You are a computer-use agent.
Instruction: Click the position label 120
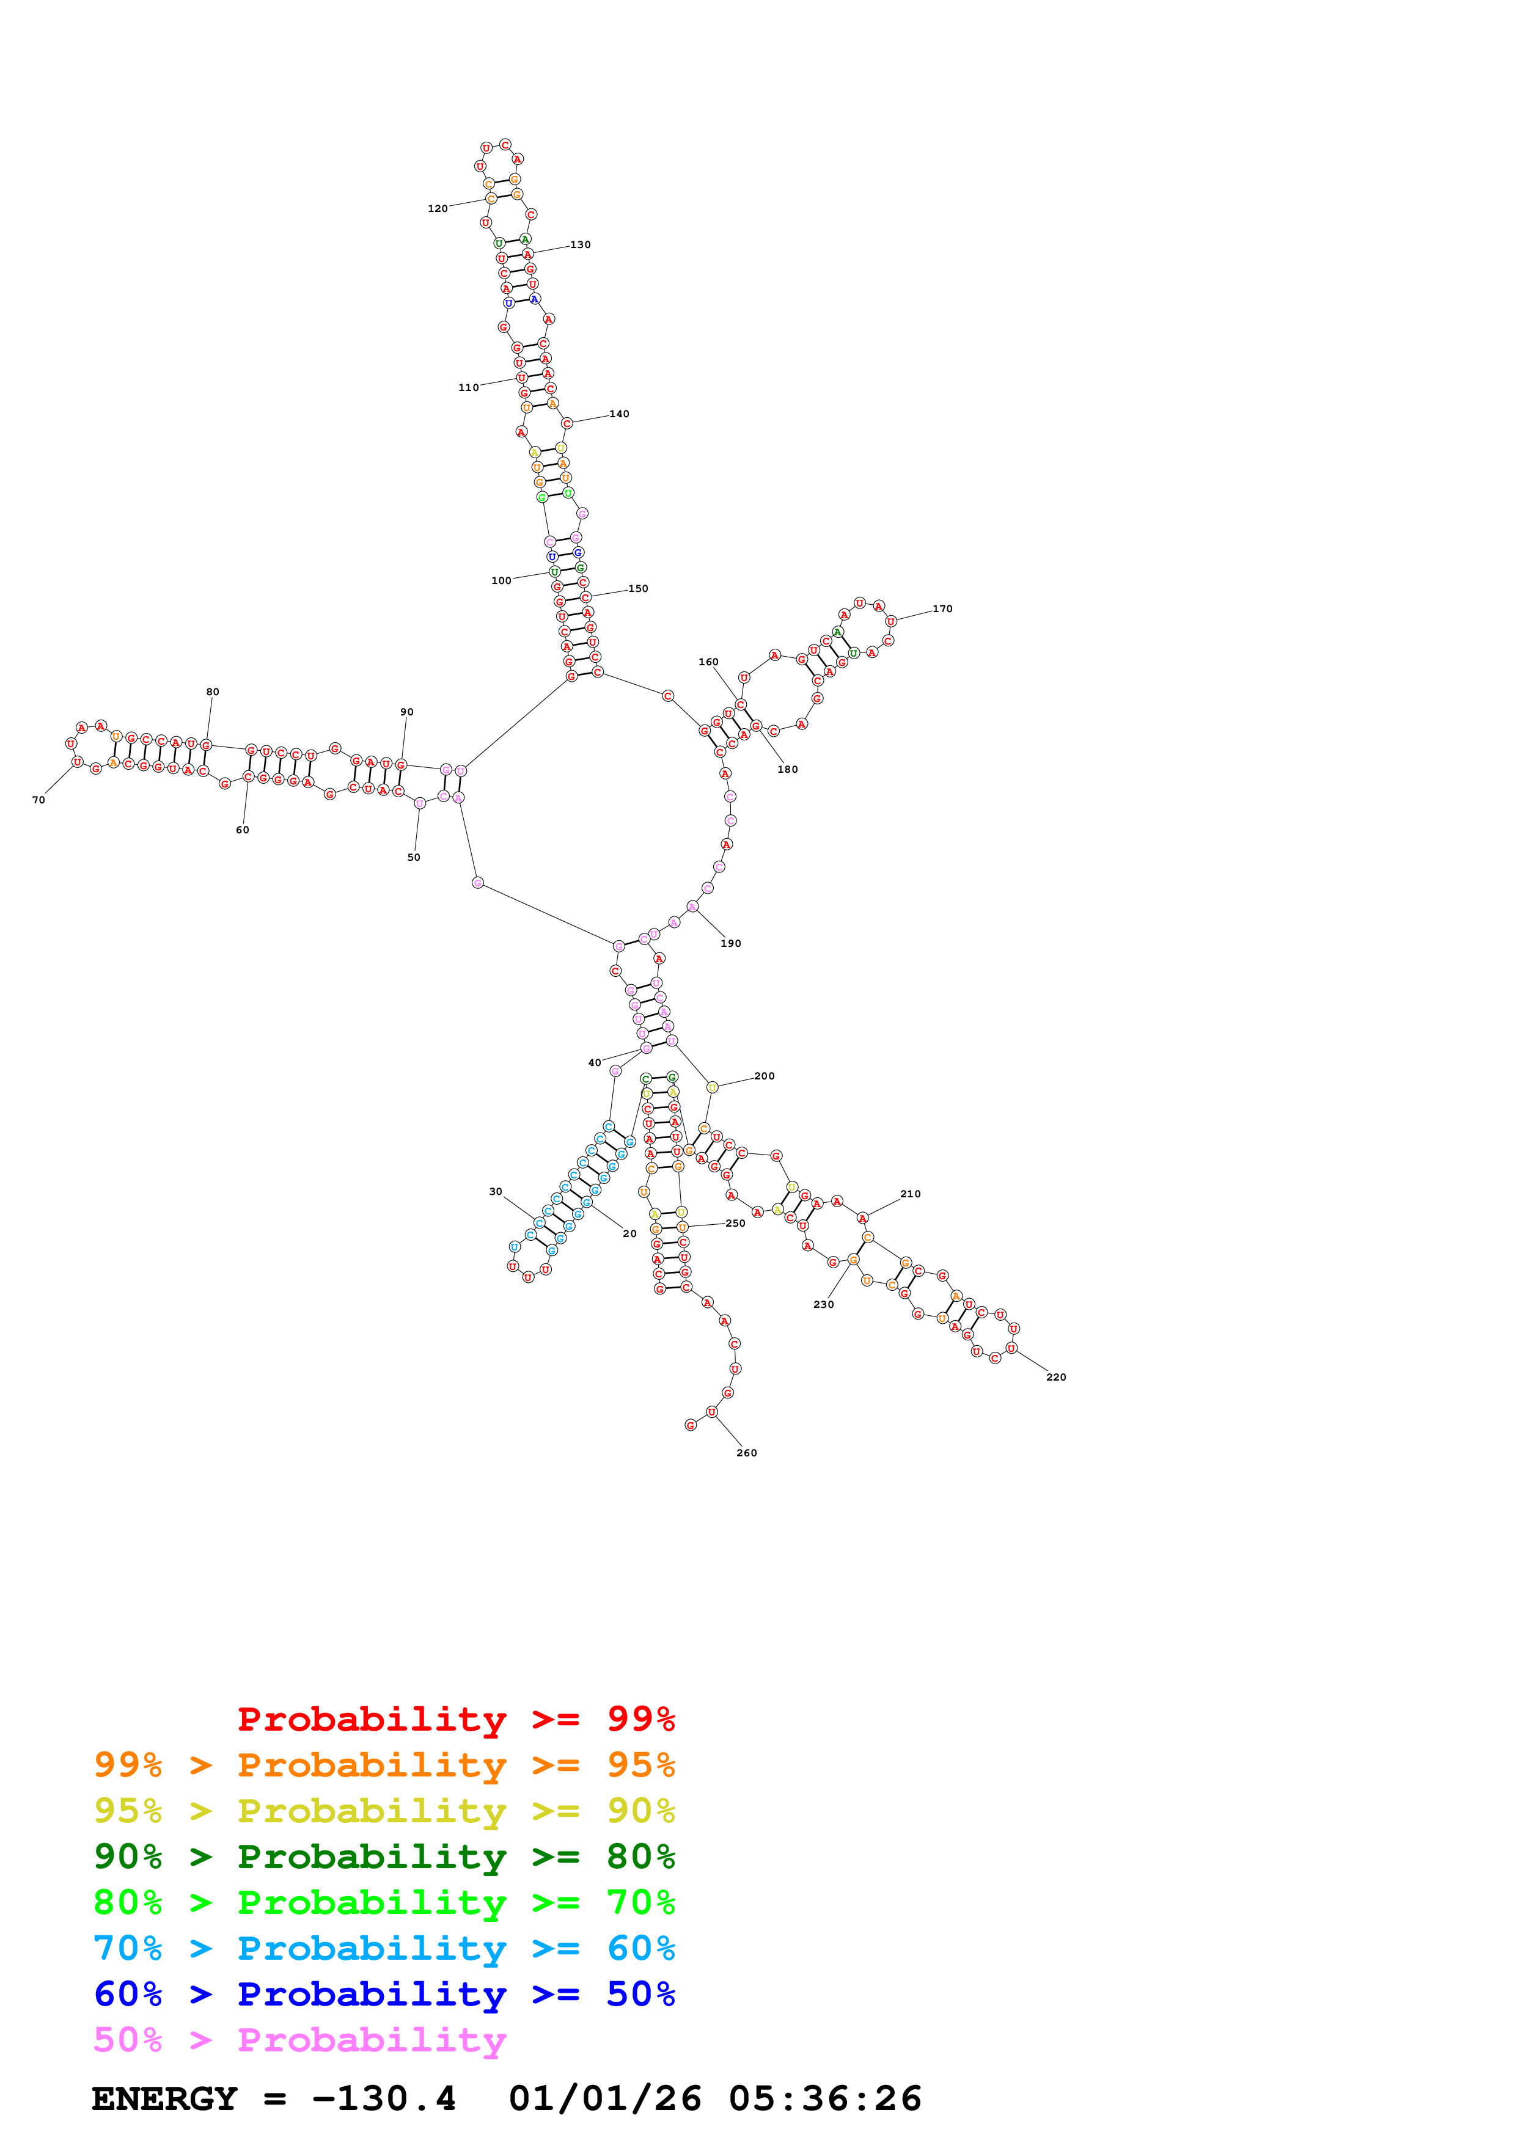pyautogui.click(x=437, y=209)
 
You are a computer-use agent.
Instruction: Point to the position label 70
pyautogui.click(x=39, y=800)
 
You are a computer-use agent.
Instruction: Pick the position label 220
pyautogui.click(x=1056, y=1378)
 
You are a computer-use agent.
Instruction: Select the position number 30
pyautogui.click(x=496, y=1192)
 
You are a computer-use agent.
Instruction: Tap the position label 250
pyautogui.click(x=736, y=1224)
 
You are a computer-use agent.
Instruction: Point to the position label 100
pyautogui.click(x=501, y=580)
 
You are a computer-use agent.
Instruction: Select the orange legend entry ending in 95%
pyautogui.click(x=384, y=1765)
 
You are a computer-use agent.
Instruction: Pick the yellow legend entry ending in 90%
pyautogui.click(x=384, y=1811)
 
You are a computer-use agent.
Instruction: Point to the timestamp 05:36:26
pyautogui.click(x=824, y=2099)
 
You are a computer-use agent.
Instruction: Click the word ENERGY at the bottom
pyautogui.click(x=164, y=2099)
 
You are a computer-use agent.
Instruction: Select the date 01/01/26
pyautogui.click(x=605, y=2099)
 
